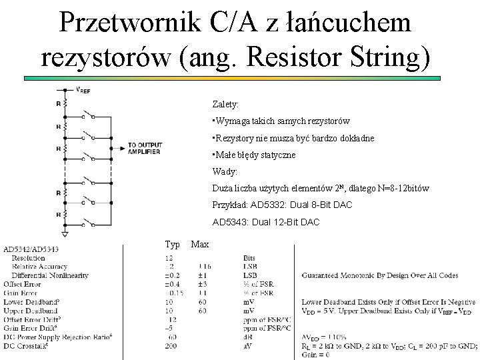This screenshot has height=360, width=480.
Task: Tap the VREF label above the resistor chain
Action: (83, 90)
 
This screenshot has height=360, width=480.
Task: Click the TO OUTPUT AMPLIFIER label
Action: (145, 148)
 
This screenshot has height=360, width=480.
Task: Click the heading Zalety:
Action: (225, 105)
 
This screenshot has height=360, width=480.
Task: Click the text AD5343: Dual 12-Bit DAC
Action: (266, 222)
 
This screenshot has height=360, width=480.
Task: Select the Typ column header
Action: (172, 244)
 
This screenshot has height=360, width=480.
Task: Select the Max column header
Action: (199, 244)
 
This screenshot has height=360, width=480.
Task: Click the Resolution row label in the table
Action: (28, 257)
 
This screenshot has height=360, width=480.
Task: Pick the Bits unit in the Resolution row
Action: (249, 257)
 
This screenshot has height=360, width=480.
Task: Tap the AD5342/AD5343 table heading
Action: (31, 249)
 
